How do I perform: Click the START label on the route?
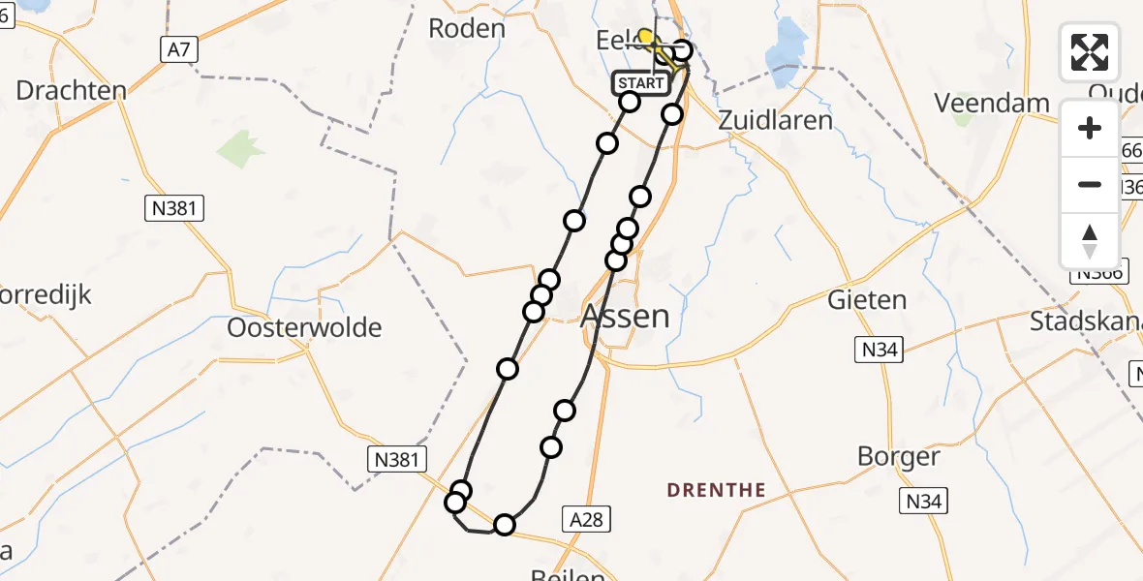(x=640, y=83)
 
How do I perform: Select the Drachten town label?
(x=72, y=92)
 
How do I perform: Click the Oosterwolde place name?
(x=304, y=327)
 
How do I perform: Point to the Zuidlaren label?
(x=775, y=120)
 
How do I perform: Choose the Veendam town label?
(x=992, y=103)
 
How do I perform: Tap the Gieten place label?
(x=867, y=300)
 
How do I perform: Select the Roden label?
(x=467, y=28)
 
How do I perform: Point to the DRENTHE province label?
(x=717, y=490)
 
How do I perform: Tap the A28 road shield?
(x=587, y=520)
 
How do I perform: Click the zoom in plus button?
(x=1090, y=128)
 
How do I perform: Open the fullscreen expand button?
(x=1090, y=52)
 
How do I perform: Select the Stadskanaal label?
(x=1085, y=321)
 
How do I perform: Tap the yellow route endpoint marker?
(x=645, y=37)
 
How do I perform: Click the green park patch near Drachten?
(x=240, y=149)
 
